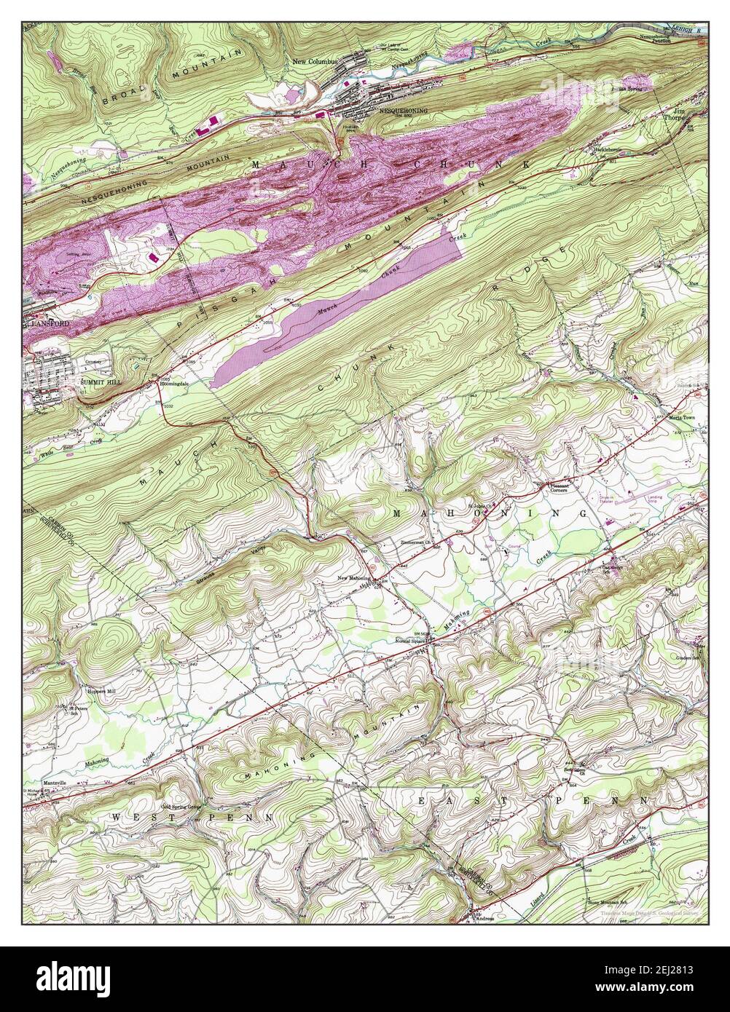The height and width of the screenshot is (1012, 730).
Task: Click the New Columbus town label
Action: (315, 61)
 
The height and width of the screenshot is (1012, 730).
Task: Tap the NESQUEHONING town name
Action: (403, 111)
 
